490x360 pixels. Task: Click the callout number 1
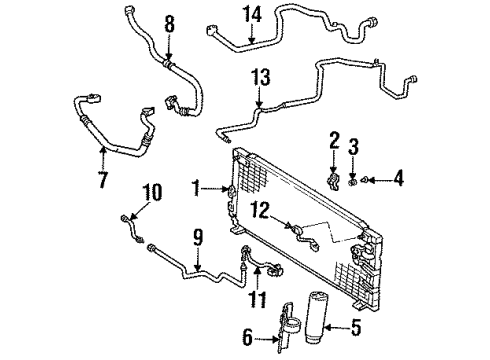click(197, 186)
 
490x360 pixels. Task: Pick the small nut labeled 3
click(353, 181)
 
